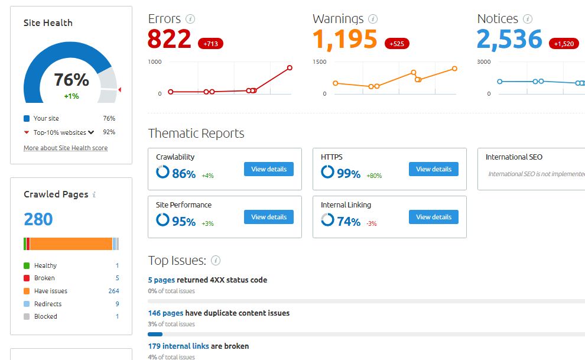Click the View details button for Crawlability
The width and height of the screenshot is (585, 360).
269,169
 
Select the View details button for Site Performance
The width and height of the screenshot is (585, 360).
269,217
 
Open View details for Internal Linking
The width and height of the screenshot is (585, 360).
434,217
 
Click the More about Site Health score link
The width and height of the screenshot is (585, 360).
66,148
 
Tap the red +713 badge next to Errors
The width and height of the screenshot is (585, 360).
210,44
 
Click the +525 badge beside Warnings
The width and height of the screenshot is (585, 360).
396,44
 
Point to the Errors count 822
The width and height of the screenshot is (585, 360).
170,40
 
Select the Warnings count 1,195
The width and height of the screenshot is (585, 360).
345,40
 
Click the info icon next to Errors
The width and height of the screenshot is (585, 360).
190,20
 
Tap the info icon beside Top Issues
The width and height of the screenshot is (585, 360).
216,261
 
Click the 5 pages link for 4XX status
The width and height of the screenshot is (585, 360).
161,280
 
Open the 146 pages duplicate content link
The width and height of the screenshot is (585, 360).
165,313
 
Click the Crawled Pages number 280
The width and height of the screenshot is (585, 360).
38,219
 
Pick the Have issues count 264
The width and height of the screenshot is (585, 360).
113,291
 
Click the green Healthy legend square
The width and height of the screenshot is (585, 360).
27,265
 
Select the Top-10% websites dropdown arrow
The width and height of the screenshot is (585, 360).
91,132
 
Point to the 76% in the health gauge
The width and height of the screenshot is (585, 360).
71,80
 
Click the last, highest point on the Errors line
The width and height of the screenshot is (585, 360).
290,67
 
